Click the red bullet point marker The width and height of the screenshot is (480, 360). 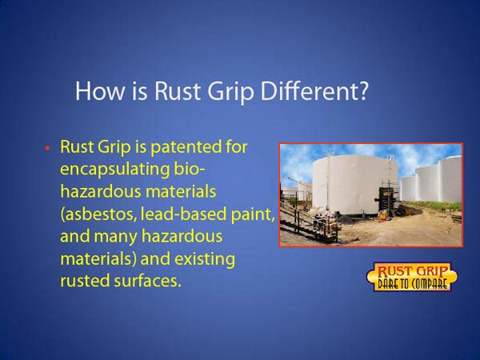point(47,148)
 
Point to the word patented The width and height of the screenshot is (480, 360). point(186,147)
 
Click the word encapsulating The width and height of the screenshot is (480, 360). point(114,170)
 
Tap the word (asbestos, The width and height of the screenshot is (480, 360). point(98,214)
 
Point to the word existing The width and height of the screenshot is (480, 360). point(205,259)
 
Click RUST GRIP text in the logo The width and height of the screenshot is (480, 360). point(412,271)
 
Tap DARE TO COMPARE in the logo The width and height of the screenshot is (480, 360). point(412,284)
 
